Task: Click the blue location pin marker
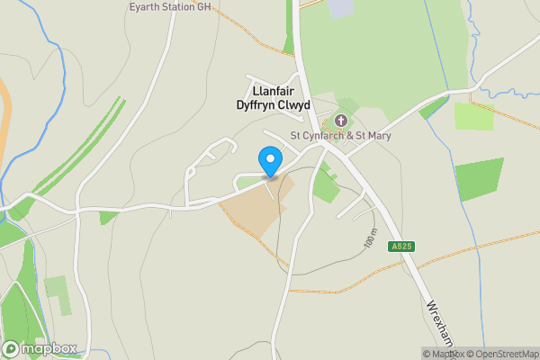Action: click(269, 161)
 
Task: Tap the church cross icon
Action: click(341, 121)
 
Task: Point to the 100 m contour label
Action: click(370, 238)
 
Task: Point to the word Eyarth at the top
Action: click(147, 5)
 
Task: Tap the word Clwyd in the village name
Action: click(293, 105)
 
